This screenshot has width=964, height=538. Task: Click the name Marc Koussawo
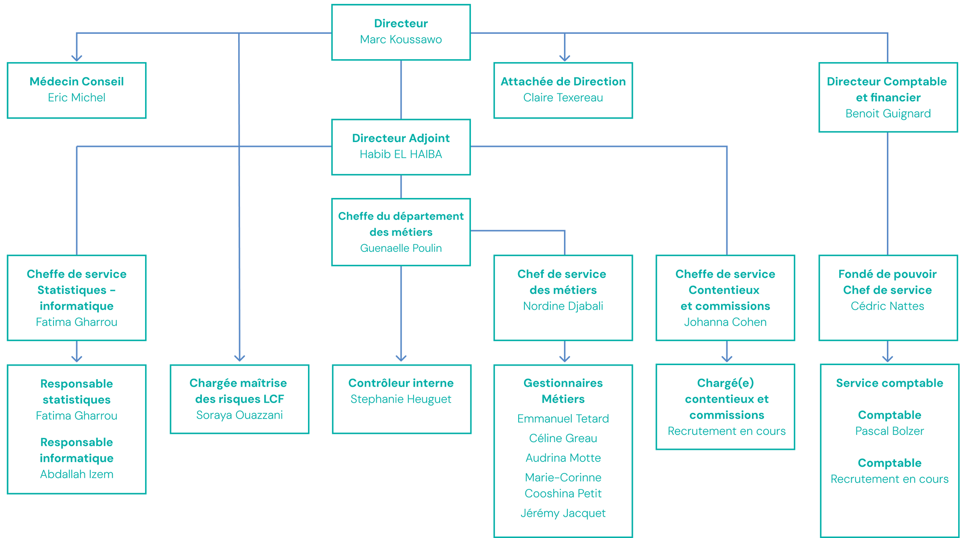(401, 39)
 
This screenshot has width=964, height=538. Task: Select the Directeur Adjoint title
(401, 138)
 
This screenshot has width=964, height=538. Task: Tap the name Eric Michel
(77, 98)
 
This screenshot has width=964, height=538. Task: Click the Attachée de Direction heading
(563, 81)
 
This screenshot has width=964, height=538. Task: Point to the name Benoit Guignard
(888, 114)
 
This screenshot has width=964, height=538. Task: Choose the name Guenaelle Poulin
(401, 248)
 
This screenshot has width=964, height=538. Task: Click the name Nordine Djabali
(563, 306)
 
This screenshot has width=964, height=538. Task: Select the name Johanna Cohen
(725, 322)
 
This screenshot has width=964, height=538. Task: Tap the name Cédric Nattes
(887, 306)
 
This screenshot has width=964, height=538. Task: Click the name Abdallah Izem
(77, 474)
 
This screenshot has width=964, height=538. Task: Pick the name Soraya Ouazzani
(239, 415)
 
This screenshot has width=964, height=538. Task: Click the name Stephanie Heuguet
(401, 399)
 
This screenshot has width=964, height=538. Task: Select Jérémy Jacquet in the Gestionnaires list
(563, 513)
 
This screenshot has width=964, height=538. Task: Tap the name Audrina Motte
(563, 458)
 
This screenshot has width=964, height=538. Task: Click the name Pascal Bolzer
(889, 431)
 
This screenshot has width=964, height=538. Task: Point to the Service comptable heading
(889, 383)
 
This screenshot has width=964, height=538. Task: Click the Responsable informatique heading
(77, 450)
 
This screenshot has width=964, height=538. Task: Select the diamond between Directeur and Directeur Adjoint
(401, 90)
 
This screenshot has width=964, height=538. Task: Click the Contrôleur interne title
(401, 383)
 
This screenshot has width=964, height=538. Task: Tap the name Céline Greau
(563, 438)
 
